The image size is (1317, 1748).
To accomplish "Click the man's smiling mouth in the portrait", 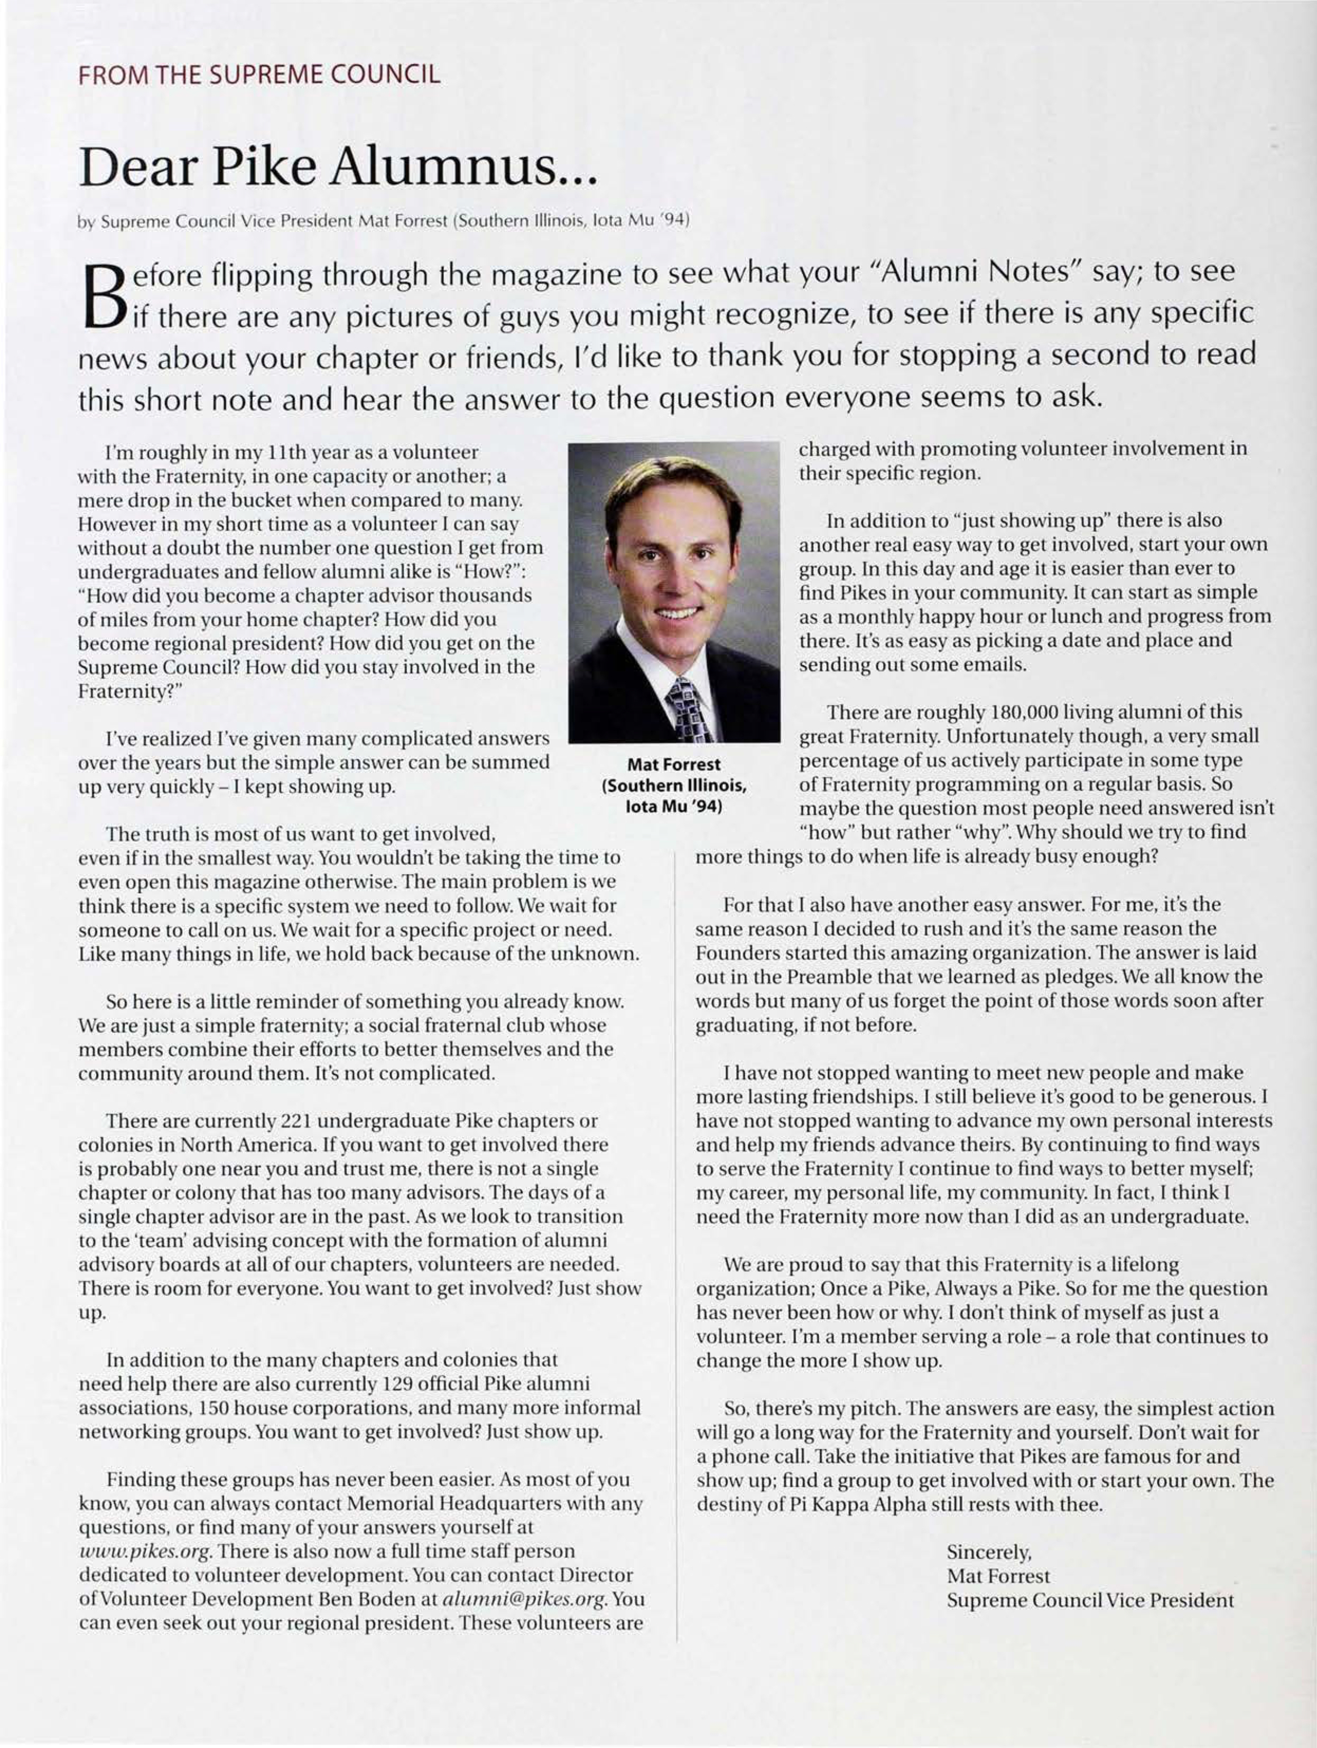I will click(678, 612).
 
